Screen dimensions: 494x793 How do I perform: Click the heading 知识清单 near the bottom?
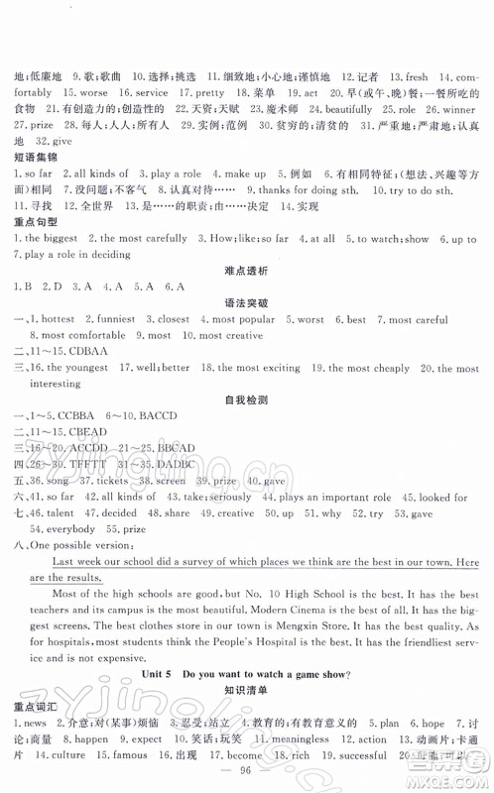pos(246,687)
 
